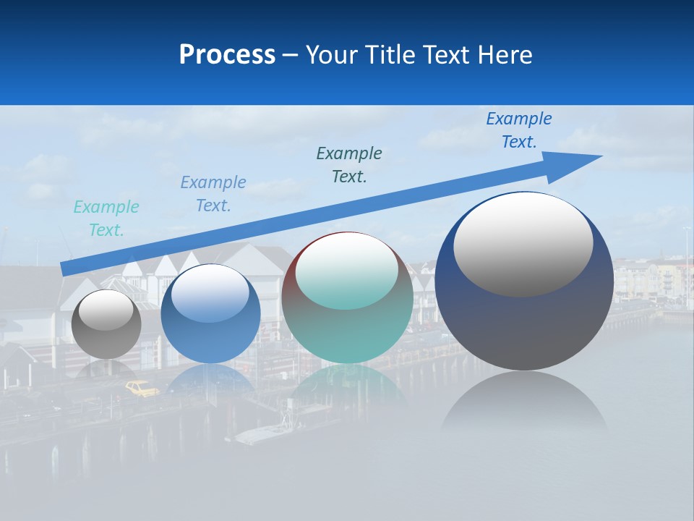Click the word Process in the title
[227, 55]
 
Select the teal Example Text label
[106, 219]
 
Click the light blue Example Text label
[213, 194]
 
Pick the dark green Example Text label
[349, 165]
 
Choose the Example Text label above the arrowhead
[519, 130]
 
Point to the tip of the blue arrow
[601, 156]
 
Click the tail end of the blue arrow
[64, 270]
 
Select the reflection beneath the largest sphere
[524, 405]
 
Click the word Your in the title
[330, 55]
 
